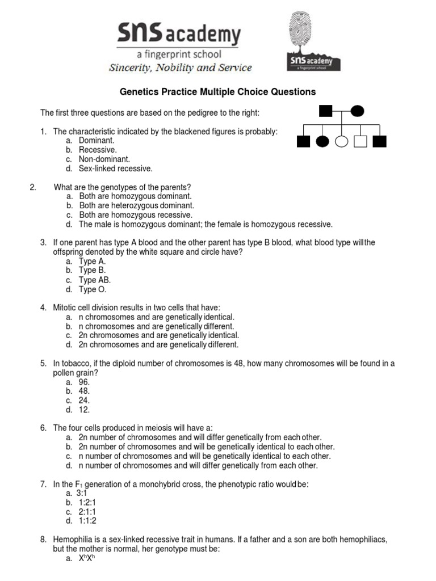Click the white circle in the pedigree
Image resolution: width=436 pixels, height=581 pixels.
[x=341, y=141]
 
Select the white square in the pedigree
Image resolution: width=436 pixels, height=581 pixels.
[x=360, y=141]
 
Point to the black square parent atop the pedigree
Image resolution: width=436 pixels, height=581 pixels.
[x=325, y=111]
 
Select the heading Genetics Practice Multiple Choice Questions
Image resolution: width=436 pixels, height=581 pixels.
[x=217, y=92]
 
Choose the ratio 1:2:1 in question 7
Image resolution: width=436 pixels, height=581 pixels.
[x=87, y=503]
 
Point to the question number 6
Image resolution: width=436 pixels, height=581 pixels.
[x=43, y=428]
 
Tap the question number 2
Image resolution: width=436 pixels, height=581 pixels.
[x=32, y=187]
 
